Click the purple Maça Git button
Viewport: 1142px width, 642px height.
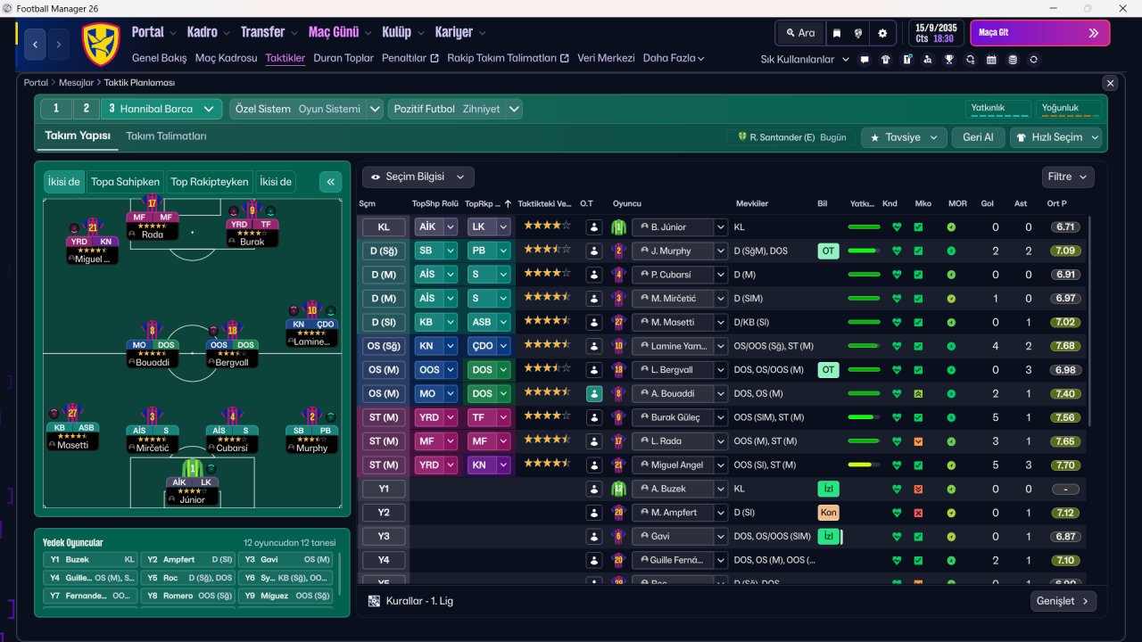coord(1039,33)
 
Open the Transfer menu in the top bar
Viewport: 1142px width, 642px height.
coord(262,32)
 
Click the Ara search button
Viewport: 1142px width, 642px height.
coord(799,33)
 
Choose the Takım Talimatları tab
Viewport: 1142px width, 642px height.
coord(166,136)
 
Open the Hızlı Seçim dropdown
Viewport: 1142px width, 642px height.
coord(1055,137)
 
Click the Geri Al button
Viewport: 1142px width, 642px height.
coord(978,137)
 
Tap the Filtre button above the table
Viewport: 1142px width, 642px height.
coord(1067,177)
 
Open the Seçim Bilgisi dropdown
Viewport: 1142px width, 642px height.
coord(418,177)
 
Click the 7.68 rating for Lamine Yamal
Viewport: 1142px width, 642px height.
coord(1065,346)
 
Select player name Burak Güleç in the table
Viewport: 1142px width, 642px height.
coord(675,417)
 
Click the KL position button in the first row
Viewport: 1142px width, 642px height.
coord(384,227)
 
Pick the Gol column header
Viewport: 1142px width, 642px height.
coord(987,203)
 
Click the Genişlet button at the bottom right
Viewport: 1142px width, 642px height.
coord(1062,601)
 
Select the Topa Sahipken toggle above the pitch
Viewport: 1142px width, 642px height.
coord(125,182)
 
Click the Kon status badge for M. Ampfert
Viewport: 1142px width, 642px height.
coord(828,513)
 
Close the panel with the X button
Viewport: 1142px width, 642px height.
coord(1110,83)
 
